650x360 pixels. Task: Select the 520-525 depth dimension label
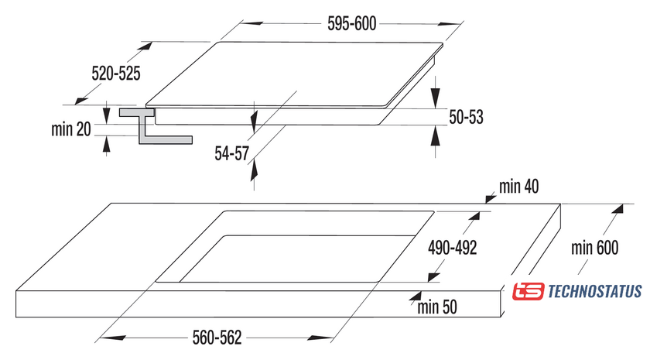(115, 74)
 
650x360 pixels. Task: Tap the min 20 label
(72, 130)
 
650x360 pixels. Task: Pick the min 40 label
(518, 187)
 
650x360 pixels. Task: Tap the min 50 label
(437, 307)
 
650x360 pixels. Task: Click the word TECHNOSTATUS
(594, 292)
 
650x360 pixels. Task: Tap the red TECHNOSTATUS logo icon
(529, 292)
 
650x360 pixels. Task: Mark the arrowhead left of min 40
(490, 198)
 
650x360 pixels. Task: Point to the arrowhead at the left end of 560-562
(104, 338)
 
